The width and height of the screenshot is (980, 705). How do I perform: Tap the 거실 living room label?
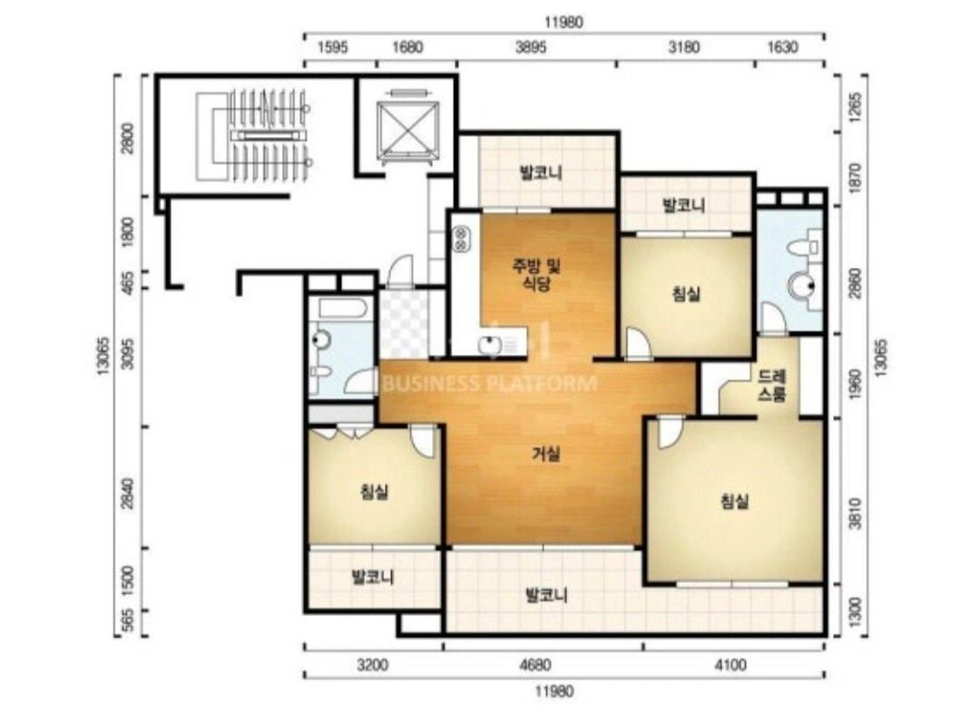coord(545,454)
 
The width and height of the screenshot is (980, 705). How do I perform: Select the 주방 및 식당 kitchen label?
coord(536,275)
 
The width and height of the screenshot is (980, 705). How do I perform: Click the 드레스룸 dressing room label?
coord(772,386)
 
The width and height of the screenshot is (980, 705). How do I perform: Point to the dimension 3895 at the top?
coord(531,47)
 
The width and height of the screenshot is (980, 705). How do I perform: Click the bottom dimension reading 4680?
coord(535,664)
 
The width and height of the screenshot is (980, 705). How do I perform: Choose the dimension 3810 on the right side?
coord(855,514)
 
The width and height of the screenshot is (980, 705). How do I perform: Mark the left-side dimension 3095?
coord(128,353)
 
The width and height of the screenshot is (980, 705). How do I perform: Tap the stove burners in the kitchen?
coord(462,238)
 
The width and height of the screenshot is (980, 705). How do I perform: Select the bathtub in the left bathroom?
coord(341,308)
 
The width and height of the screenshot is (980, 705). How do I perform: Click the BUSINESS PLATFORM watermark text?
coord(489,383)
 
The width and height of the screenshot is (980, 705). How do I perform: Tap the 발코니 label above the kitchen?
coord(541,172)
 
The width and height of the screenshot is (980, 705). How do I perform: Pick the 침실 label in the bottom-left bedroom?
coord(375,492)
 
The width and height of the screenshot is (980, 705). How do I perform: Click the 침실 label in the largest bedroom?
coord(734,501)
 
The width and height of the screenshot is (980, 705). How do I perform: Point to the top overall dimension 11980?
coord(563,23)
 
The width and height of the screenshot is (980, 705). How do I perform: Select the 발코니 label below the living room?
coord(546,594)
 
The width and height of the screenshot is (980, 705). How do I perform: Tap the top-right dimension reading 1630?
coord(782,47)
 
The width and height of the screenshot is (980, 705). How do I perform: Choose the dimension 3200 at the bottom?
coord(373,664)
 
